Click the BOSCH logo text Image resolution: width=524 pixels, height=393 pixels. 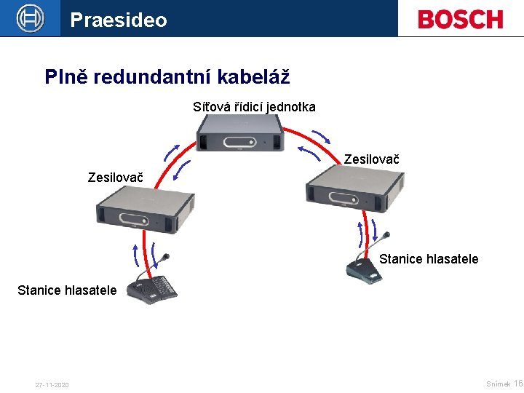point(460,19)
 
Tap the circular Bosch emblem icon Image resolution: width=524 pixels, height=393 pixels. point(31,19)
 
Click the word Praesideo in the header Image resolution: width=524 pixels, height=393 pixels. point(119,20)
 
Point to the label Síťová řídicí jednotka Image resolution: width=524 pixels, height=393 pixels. point(254,107)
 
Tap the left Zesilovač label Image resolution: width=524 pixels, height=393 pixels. point(115,177)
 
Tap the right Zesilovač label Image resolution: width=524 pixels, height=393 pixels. point(371,159)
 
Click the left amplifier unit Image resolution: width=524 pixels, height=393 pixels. point(146,209)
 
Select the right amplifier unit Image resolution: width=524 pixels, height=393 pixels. point(354,188)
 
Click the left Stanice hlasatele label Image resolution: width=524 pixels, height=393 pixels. point(67,290)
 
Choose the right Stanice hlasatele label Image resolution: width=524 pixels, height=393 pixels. point(429,258)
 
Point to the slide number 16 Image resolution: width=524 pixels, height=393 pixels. point(517,384)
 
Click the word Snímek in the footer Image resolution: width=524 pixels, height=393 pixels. point(498,384)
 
